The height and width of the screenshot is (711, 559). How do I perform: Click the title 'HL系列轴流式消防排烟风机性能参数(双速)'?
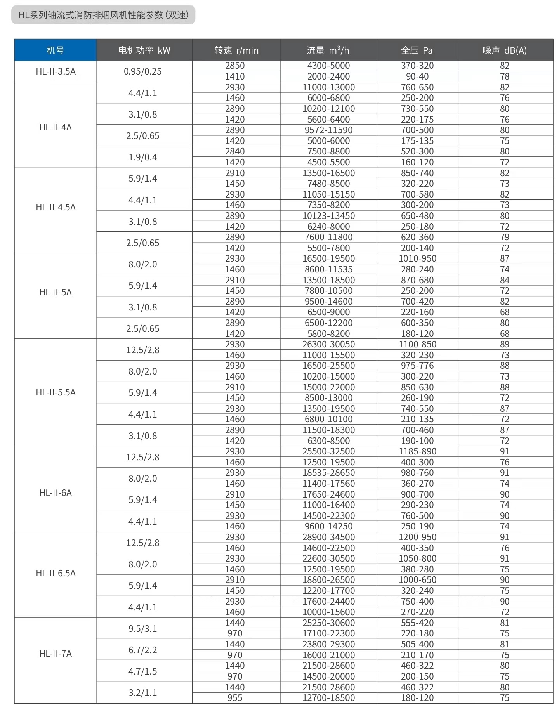pyautogui.click(x=103, y=15)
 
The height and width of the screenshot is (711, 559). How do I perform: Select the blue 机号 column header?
pyautogui.click(x=55, y=50)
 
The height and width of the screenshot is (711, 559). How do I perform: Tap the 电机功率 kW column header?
pyautogui.click(x=144, y=50)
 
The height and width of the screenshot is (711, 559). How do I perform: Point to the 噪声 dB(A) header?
pyautogui.click(x=505, y=50)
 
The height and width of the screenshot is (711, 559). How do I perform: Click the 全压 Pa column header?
pyautogui.click(x=417, y=50)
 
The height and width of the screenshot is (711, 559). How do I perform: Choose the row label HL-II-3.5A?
pyautogui.click(x=56, y=71)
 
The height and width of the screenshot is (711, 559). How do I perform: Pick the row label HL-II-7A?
pyautogui.click(x=56, y=654)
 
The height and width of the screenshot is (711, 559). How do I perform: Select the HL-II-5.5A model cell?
pyautogui.click(x=56, y=392)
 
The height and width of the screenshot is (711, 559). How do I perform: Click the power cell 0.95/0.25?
pyautogui.click(x=143, y=71)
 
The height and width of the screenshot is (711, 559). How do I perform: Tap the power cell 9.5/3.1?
pyautogui.click(x=143, y=628)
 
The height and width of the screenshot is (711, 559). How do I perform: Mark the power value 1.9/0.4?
pyautogui.click(x=143, y=157)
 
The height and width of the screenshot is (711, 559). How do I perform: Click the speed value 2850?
pyautogui.click(x=235, y=66)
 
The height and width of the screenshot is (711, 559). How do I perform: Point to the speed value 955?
pyautogui.click(x=235, y=698)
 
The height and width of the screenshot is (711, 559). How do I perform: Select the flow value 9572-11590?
pyautogui.click(x=328, y=130)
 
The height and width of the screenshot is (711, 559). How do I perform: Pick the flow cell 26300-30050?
pyautogui.click(x=328, y=344)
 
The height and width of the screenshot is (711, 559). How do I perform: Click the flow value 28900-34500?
pyautogui.click(x=328, y=537)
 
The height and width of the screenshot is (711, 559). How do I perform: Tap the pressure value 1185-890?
pyautogui.click(x=417, y=451)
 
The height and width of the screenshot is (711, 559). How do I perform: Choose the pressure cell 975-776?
pyautogui.click(x=417, y=366)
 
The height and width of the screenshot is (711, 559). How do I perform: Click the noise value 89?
pyautogui.click(x=505, y=344)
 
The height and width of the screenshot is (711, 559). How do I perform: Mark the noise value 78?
pyautogui.click(x=505, y=76)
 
